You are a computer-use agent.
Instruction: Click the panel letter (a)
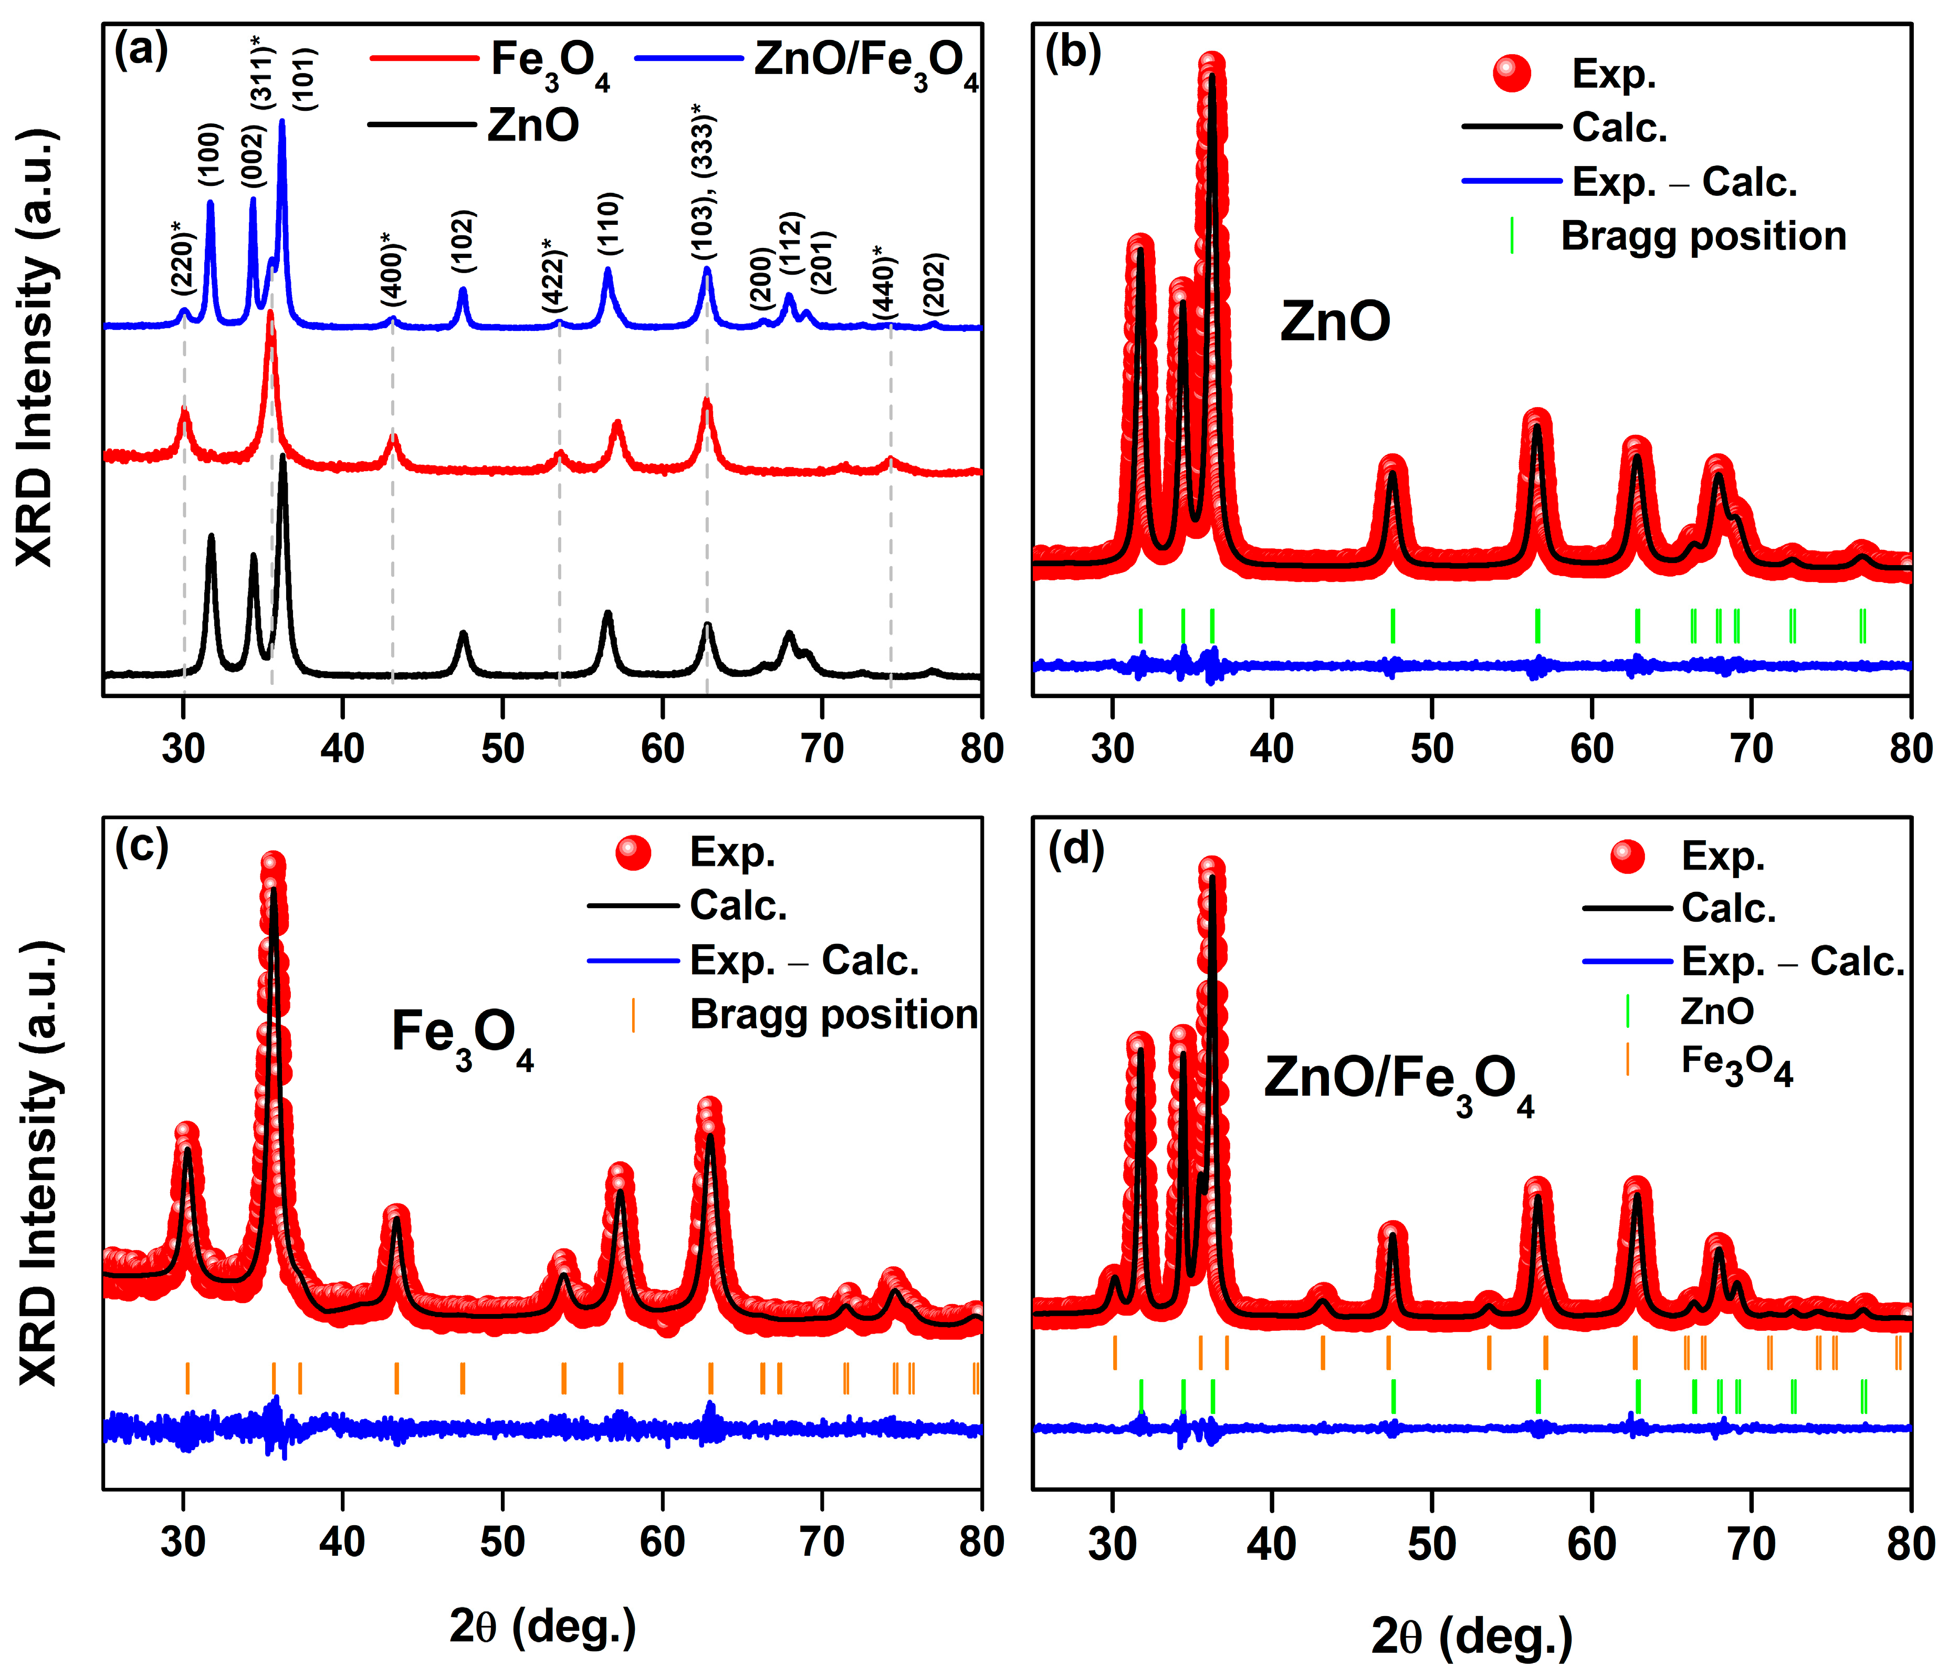click(141, 51)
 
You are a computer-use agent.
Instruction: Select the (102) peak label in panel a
click(463, 241)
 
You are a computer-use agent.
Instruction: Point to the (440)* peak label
click(884, 282)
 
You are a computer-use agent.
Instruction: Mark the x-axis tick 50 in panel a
click(502, 748)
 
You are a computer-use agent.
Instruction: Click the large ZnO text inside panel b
click(1335, 321)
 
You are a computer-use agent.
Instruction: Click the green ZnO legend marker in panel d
click(1627, 1011)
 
